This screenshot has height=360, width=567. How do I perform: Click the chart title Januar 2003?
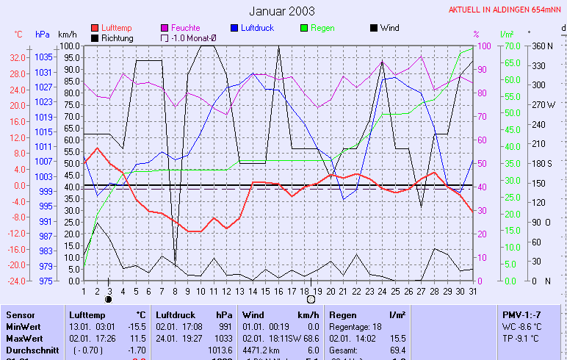[x=282, y=11]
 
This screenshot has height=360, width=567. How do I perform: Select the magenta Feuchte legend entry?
[x=185, y=28]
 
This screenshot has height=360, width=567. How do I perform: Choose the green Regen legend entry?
[x=322, y=28]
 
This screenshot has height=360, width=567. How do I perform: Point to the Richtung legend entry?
[x=117, y=38]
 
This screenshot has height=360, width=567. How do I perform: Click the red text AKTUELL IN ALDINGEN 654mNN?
[x=506, y=10]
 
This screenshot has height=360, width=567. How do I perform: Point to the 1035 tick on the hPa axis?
[x=43, y=57]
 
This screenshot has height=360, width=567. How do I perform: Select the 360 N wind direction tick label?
[x=542, y=46]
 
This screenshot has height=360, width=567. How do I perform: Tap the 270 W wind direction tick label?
[x=543, y=104]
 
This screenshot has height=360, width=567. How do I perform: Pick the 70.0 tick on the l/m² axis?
[x=507, y=46]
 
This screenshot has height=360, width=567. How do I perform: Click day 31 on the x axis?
[x=472, y=291]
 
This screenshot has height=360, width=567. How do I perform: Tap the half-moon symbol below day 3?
[x=109, y=299]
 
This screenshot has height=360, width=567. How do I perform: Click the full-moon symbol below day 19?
[x=311, y=299]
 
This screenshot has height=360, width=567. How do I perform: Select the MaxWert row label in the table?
[x=23, y=337]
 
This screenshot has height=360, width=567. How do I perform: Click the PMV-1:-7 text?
[x=522, y=314]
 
